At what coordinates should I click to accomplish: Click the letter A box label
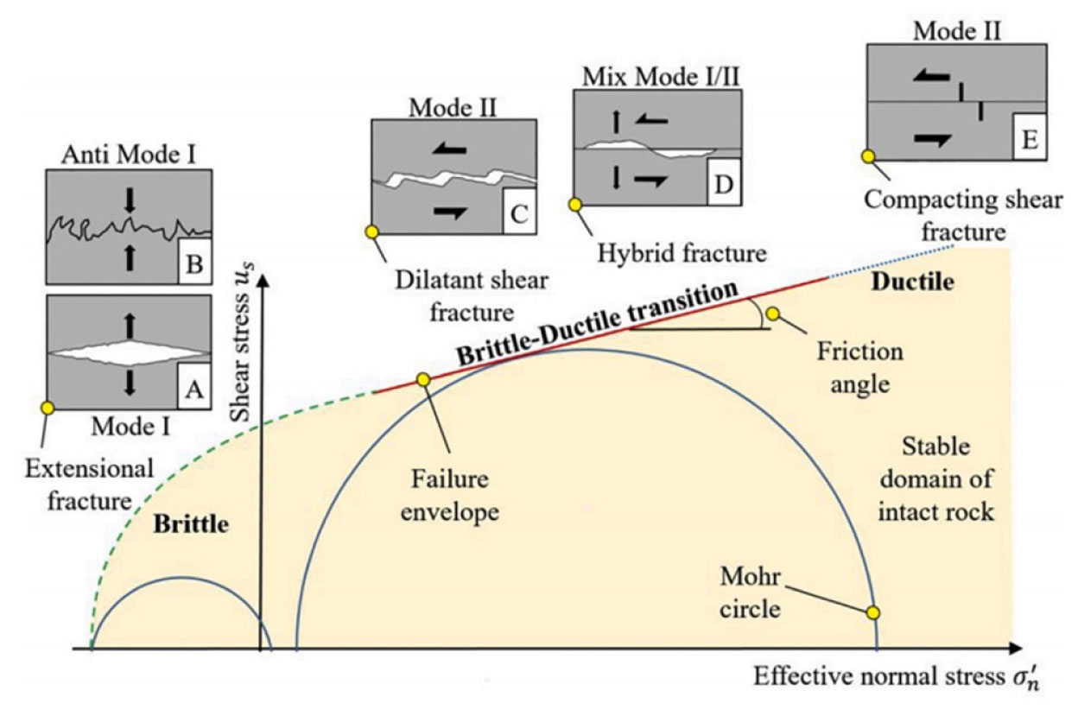coord(193,390)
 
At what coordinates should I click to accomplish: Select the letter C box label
coord(519,214)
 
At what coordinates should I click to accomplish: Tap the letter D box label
coord(723,184)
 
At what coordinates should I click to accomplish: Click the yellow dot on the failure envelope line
coord(423,379)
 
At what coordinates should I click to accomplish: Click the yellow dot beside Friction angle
coord(773,314)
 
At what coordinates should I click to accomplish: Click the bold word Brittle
coord(191,523)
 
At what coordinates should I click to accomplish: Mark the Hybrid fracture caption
coord(681,253)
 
